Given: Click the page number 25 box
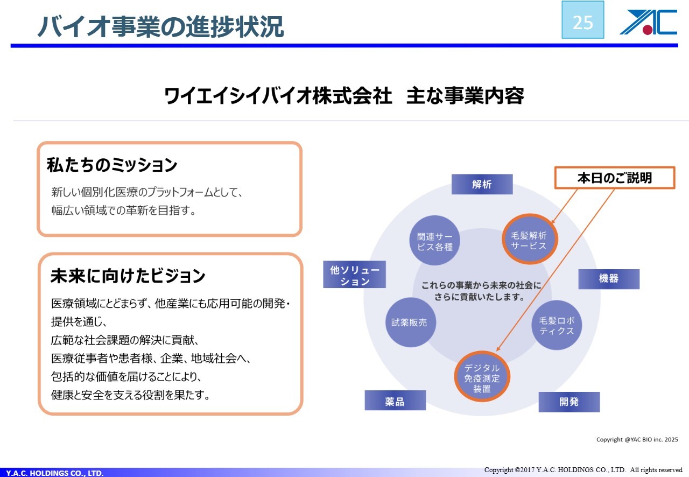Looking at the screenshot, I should (x=582, y=20).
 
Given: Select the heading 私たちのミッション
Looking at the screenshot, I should (x=112, y=165).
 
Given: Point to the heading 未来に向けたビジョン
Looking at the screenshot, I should (x=128, y=276).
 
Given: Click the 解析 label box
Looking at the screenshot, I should (x=482, y=184).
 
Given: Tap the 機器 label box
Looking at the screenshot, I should (x=609, y=279).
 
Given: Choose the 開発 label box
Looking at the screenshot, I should (x=569, y=402).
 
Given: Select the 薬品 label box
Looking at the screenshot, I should (x=395, y=401).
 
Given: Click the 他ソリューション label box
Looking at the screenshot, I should (x=355, y=276).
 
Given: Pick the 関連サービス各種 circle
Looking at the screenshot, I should (x=435, y=241).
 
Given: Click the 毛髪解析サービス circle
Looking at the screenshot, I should (x=530, y=241).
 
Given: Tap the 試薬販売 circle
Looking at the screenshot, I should (x=410, y=322).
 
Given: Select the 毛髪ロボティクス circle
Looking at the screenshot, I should (x=557, y=325).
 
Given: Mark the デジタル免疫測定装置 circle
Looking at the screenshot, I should (x=482, y=377).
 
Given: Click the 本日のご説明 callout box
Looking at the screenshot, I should (x=614, y=178).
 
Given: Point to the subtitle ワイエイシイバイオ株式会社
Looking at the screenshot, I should (x=278, y=96).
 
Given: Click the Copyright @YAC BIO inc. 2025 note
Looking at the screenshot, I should (x=637, y=440).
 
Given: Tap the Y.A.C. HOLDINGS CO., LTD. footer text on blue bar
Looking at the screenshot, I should (x=55, y=473).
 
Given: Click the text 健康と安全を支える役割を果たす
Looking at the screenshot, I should (x=130, y=395).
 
